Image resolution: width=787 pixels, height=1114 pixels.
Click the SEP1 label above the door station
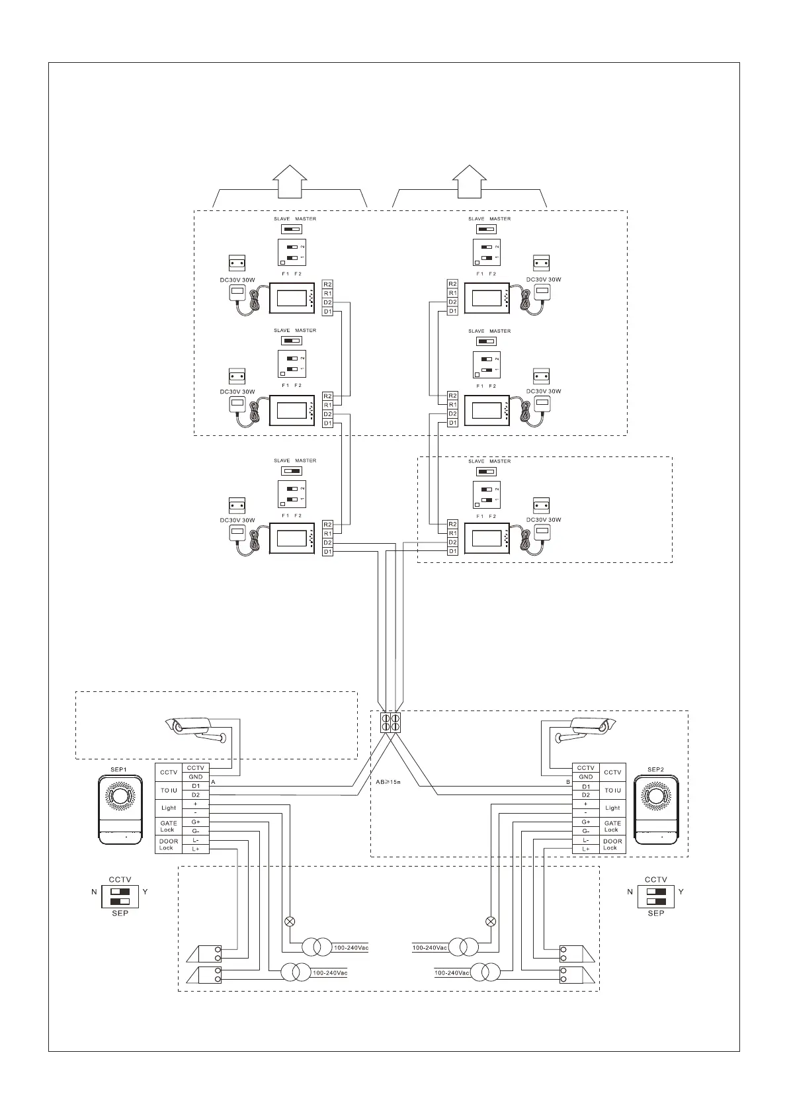pos(118,769)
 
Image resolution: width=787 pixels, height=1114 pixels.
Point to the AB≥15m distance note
pos(389,782)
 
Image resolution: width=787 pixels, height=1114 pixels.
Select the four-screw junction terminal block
pos(390,722)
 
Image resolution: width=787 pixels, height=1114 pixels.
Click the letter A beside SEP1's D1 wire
pos(213,782)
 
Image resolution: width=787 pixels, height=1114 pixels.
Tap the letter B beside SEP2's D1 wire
pos(568,782)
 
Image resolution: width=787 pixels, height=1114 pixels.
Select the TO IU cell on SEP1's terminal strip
pos(169,790)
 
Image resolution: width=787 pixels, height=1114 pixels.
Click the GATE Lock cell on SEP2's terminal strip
pos(612,826)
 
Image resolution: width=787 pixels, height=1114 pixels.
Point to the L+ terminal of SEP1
pos(196,849)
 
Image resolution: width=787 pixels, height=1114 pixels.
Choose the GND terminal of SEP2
pos(586,777)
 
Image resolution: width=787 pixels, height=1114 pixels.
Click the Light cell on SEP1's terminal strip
pos(169,808)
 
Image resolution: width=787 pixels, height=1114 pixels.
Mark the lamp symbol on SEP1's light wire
pos(289,921)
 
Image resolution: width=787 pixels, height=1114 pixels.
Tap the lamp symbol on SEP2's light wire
pos(491,921)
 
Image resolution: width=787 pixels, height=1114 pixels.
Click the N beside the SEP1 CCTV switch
pos(95,892)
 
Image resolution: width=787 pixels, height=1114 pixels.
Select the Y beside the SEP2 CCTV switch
pos(681,892)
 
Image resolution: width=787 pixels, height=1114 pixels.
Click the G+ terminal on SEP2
pos(586,822)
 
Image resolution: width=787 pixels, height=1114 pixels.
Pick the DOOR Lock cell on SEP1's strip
pos(169,844)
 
